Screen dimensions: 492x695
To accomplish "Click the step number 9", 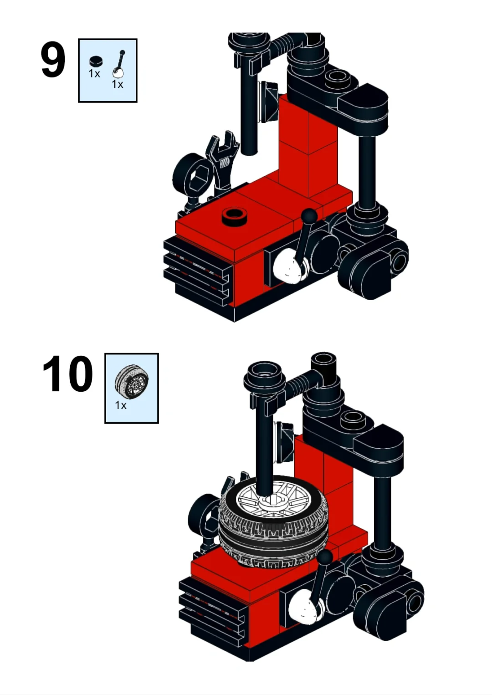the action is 53,60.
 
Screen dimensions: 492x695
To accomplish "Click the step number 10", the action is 68,374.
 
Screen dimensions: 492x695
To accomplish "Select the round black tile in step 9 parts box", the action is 96,61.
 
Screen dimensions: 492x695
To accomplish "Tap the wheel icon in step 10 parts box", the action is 132,382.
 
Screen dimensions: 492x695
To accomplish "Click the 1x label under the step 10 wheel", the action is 121,405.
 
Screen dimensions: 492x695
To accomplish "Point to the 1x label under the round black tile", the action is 94,74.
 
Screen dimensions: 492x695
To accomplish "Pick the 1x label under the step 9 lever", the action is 118,84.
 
